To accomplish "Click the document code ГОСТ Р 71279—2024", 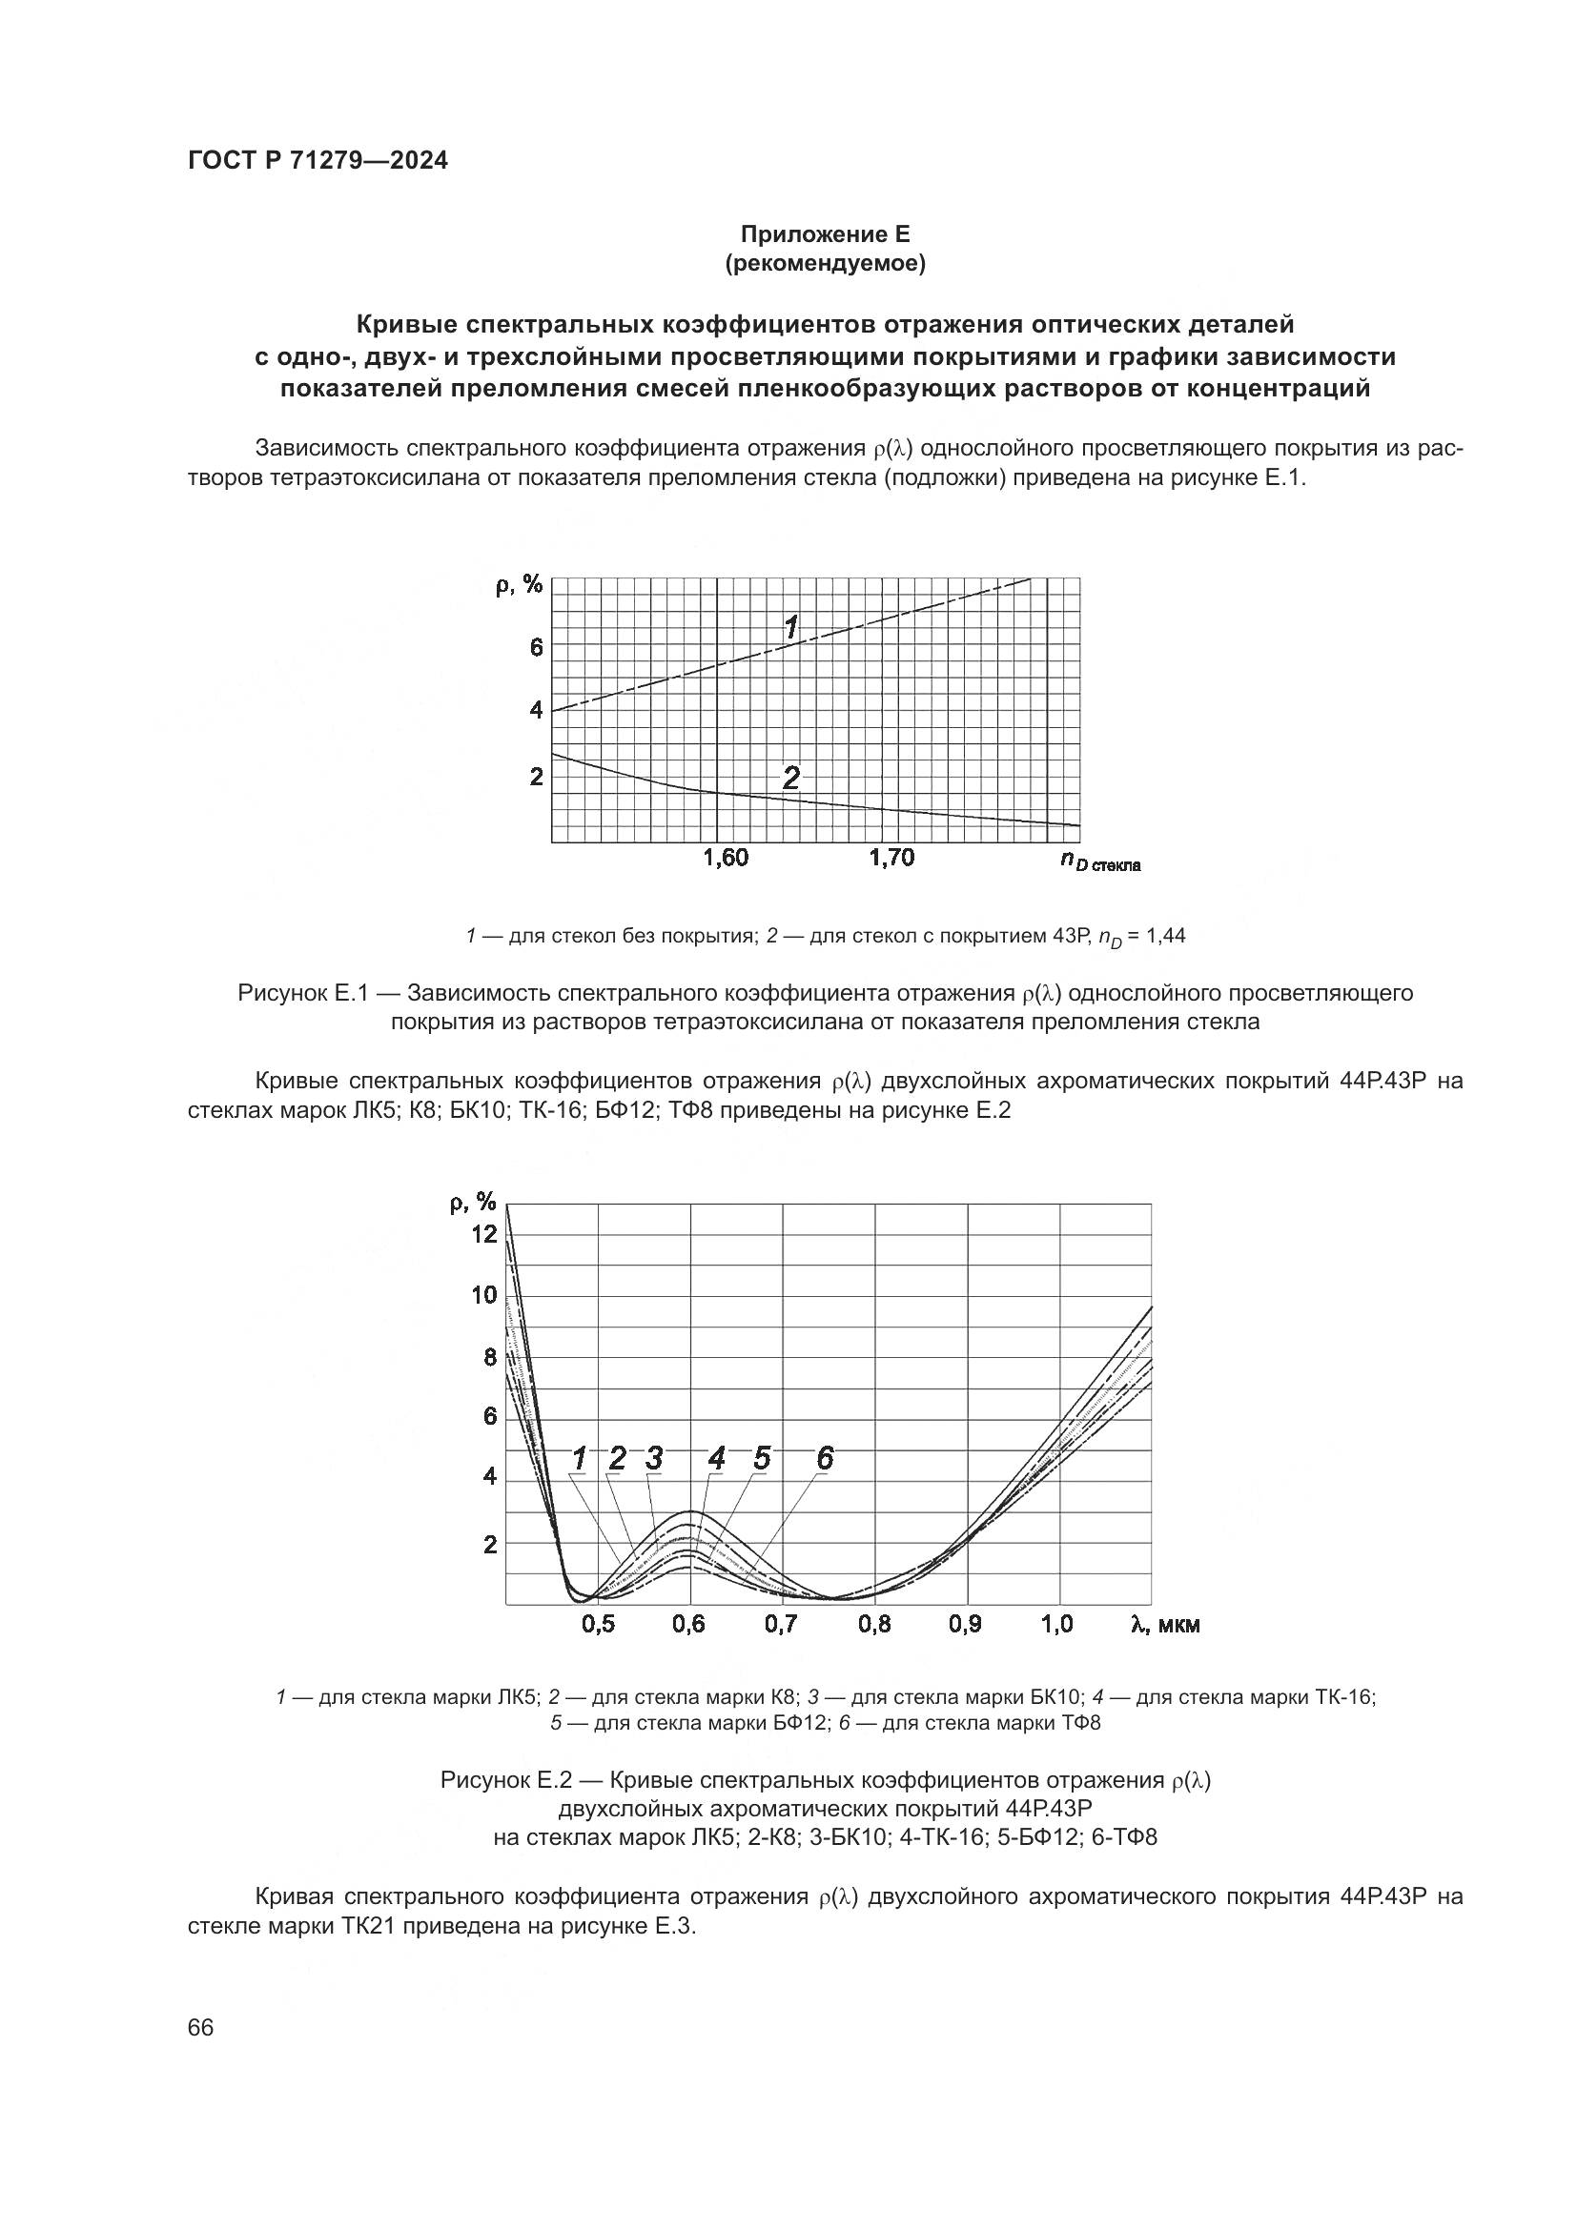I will pyautogui.click(x=317, y=161).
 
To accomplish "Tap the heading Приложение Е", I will pyautogui.click(x=825, y=234).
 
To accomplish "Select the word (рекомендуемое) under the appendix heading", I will pyautogui.click(x=825, y=263).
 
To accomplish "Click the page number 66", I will pyautogui.click(x=201, y=2027).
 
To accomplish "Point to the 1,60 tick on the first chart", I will pyautogui.click(x=726, y=858).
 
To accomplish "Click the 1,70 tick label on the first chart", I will pyautogui.click(x=891, y=858).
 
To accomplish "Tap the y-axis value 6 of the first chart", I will pyautogui.click(x=536, y=646).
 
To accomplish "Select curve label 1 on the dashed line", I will pyautogui.click(x=791, y=627).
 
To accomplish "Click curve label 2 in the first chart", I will pyautogui.click(x=791, y=777).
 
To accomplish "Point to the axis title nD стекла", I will pyautogui.click(x=1099, y=861).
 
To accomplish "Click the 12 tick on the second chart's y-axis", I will pyautogui.click(x=483, y=1234).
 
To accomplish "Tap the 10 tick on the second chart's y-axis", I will pyautogui.click(x=483, y=1295).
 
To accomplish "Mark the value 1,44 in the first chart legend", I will pyautogui.click(x=1166, y=936).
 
